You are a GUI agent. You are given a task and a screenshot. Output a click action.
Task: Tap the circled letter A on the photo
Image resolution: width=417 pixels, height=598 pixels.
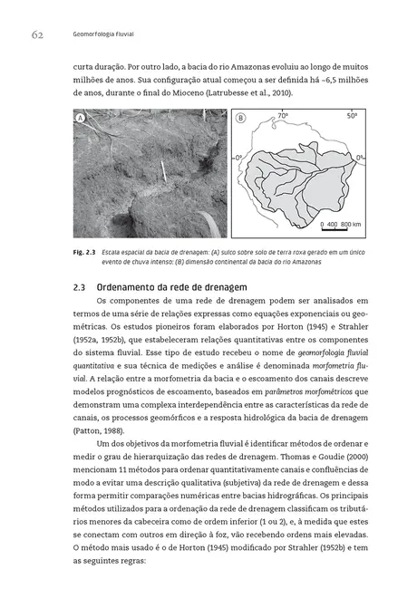click(82, 118)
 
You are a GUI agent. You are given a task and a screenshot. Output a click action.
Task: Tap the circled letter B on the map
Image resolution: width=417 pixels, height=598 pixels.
click(240, 118)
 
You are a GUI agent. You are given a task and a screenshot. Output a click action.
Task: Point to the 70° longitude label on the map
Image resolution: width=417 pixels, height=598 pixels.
click(282, 117)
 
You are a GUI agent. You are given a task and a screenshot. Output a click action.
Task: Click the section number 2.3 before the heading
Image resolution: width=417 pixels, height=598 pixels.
click(79, 286)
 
